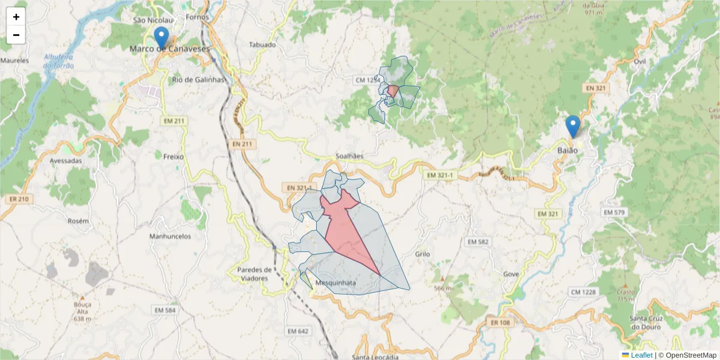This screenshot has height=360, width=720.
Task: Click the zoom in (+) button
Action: (x=16, y=17)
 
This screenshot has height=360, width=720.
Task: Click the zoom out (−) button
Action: (x=16, y=35)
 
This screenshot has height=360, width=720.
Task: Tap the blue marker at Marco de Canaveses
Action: (x=161, y=37)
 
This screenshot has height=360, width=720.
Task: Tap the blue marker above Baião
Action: (x=573, y=126)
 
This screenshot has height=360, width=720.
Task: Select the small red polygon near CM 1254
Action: (x=393, y=91)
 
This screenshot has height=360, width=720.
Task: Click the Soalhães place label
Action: (x=348, y=156)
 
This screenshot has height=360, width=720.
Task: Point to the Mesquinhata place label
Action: (x=335, y=283)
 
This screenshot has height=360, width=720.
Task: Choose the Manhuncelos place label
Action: (x=170, y=236)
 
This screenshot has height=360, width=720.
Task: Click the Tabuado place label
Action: (x=262, y=45)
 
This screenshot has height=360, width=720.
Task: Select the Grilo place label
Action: (x=422, y=254)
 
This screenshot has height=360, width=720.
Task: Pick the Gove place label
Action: (x=511, y=274)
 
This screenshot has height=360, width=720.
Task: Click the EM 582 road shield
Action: (x=478, y=241)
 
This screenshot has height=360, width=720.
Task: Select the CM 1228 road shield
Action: (x=583, y=292)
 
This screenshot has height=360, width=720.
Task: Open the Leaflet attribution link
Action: (x=641, y=355)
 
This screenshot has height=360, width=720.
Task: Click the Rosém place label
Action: (x=78, y=221)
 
